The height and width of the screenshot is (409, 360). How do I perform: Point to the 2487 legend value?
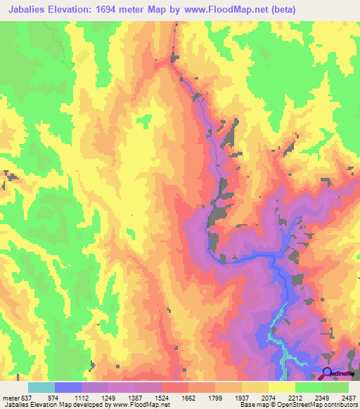coord(347,398)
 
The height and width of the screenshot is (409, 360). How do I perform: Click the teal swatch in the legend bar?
coord(41,387)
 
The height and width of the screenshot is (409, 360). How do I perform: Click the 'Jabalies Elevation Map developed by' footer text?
coord(49,405)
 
